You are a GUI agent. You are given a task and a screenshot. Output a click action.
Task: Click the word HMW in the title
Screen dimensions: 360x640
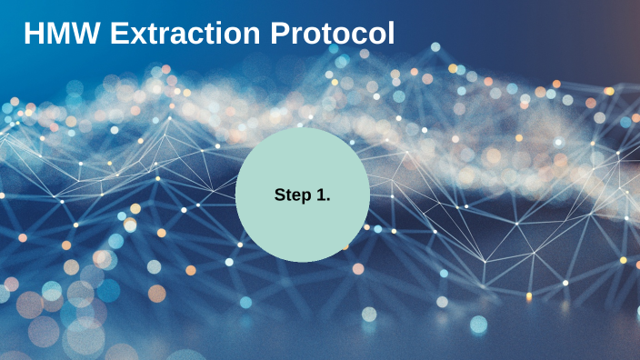coord(61,34)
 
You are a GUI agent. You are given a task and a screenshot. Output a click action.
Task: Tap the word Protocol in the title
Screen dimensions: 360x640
coord(333,34)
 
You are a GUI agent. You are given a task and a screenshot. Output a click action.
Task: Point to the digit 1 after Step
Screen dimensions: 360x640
coord(319,194)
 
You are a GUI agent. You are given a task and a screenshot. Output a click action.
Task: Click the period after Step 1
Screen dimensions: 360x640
coord(327,199)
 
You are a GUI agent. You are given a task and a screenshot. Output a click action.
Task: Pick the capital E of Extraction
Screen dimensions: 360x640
coord(119,34)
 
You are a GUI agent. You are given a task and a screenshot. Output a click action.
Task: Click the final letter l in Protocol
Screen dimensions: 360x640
coord(391,34)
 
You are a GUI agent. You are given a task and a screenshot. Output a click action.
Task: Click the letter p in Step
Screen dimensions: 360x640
coord(305,196)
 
